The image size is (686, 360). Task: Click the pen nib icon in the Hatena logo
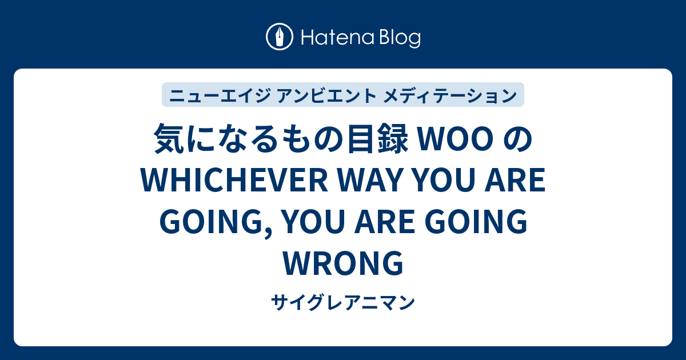coord(280,38)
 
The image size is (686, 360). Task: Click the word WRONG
coord(343,263)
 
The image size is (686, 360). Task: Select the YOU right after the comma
coord(313,223)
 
